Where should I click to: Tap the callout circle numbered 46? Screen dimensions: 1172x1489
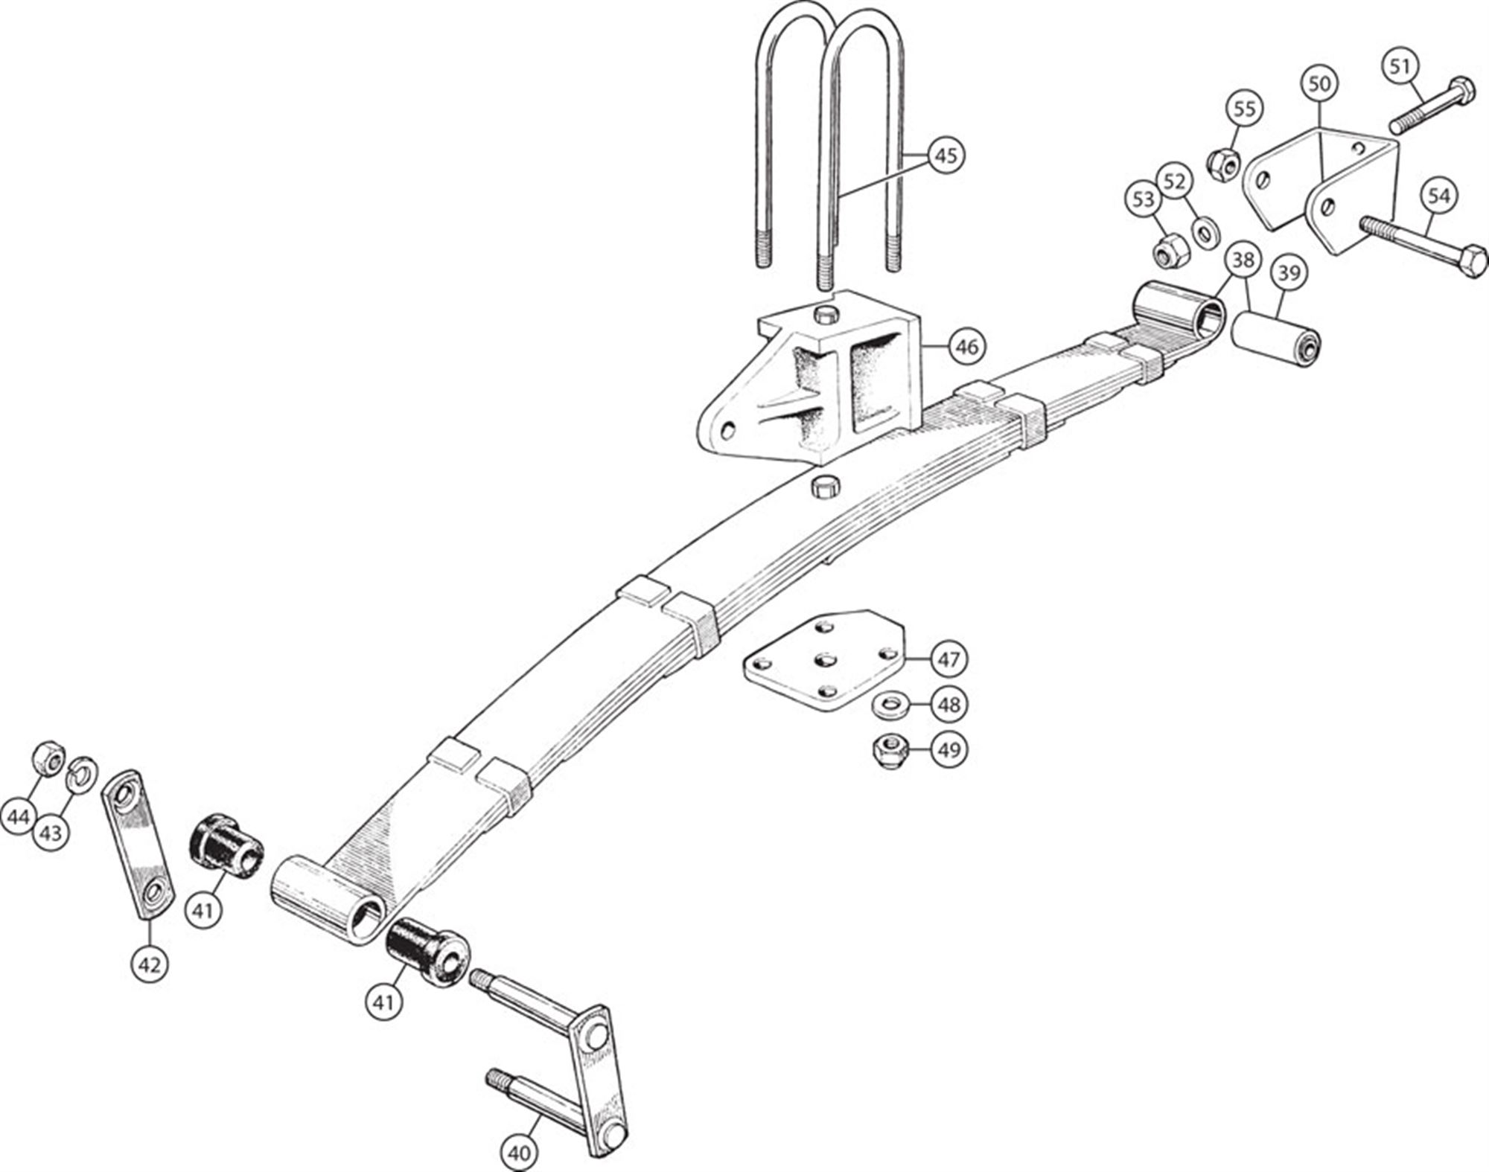coord(966,347)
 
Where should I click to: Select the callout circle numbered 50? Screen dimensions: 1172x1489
coord(1319,84)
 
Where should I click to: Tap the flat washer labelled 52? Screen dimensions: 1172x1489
coord(1205,231)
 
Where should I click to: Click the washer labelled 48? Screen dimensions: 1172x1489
coord(888,703)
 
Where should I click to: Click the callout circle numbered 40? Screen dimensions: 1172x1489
coord(519,1153)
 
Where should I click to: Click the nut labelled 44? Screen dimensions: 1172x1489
coord(48,758)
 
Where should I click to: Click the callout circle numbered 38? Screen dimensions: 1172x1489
coord(1243,260)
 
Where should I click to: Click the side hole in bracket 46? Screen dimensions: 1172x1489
coord(729,430)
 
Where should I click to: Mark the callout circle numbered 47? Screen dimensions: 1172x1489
coord(948,659)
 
